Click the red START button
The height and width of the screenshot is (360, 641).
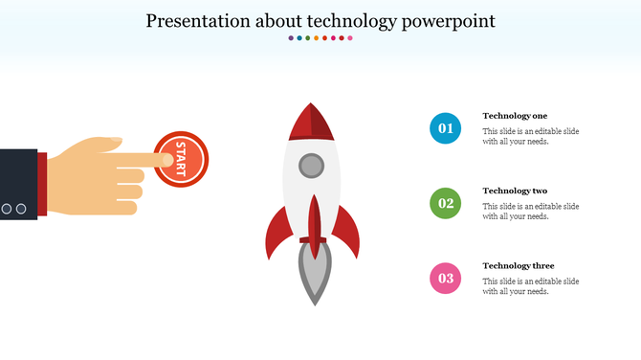point(181,159)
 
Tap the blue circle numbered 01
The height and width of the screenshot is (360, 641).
point(445,127)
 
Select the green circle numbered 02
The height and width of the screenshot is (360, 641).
point(445,203)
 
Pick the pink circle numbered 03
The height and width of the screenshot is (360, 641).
point(445,279)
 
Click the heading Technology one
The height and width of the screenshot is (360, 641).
point(515,115)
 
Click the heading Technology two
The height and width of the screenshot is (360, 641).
point(515,191)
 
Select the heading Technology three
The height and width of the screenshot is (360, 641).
point(518,265)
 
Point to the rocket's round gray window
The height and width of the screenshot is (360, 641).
point(312,166)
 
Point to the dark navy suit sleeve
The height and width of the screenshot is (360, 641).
point(17,182)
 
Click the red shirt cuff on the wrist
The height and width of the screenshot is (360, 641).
point(42,182)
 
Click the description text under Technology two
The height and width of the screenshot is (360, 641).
point(530,211)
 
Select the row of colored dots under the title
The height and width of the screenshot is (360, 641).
point(320,38)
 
